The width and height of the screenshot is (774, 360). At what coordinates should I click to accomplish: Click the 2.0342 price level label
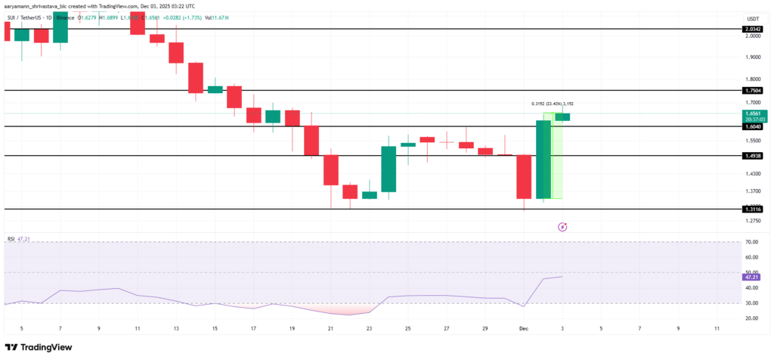(753, 29)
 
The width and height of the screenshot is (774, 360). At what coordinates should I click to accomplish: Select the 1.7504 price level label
(753, 90)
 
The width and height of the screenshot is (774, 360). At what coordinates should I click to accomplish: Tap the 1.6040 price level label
(753, 127)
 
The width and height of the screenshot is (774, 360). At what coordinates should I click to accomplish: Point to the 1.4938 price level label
(753, 156)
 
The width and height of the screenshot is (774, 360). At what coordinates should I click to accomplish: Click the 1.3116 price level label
(753, 209)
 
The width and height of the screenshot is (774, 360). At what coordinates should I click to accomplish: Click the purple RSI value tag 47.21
(753, 278)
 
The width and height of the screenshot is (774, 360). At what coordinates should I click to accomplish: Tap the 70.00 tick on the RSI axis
(751, 242)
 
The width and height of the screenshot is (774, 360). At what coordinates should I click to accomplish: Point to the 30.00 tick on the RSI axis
(751, 303)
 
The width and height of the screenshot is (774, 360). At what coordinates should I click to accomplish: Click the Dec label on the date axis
(524, 329)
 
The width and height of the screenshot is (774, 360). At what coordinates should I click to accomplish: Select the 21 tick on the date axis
(330, 329)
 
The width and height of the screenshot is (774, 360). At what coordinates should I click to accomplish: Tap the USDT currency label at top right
(752, 18)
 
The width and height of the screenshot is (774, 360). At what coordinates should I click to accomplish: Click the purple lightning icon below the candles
(562, 226)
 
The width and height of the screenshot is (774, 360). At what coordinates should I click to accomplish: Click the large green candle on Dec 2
(543, 159)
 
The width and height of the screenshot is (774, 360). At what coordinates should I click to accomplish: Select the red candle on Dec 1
(524, 176)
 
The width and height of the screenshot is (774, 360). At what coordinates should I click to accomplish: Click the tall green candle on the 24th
(389, 169)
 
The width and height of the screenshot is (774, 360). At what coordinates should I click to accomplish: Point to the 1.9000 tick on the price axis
(752, 57)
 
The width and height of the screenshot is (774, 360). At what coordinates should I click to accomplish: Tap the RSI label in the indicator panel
(11, 238)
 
